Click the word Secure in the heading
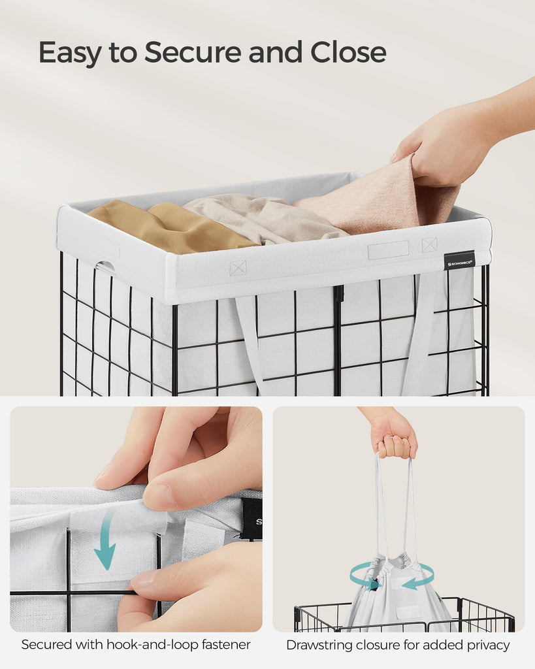tap(193, 52)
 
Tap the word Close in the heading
tap(348, 52)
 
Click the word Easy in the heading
tap(70, 53)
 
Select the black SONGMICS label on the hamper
tap(459, 261)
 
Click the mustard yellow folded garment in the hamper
tap(170, 226)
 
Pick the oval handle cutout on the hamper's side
tap(105, 267)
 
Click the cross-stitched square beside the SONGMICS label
tap(429, 244)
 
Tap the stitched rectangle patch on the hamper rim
tap(388, 250)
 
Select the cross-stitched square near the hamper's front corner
tap(238, 268)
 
